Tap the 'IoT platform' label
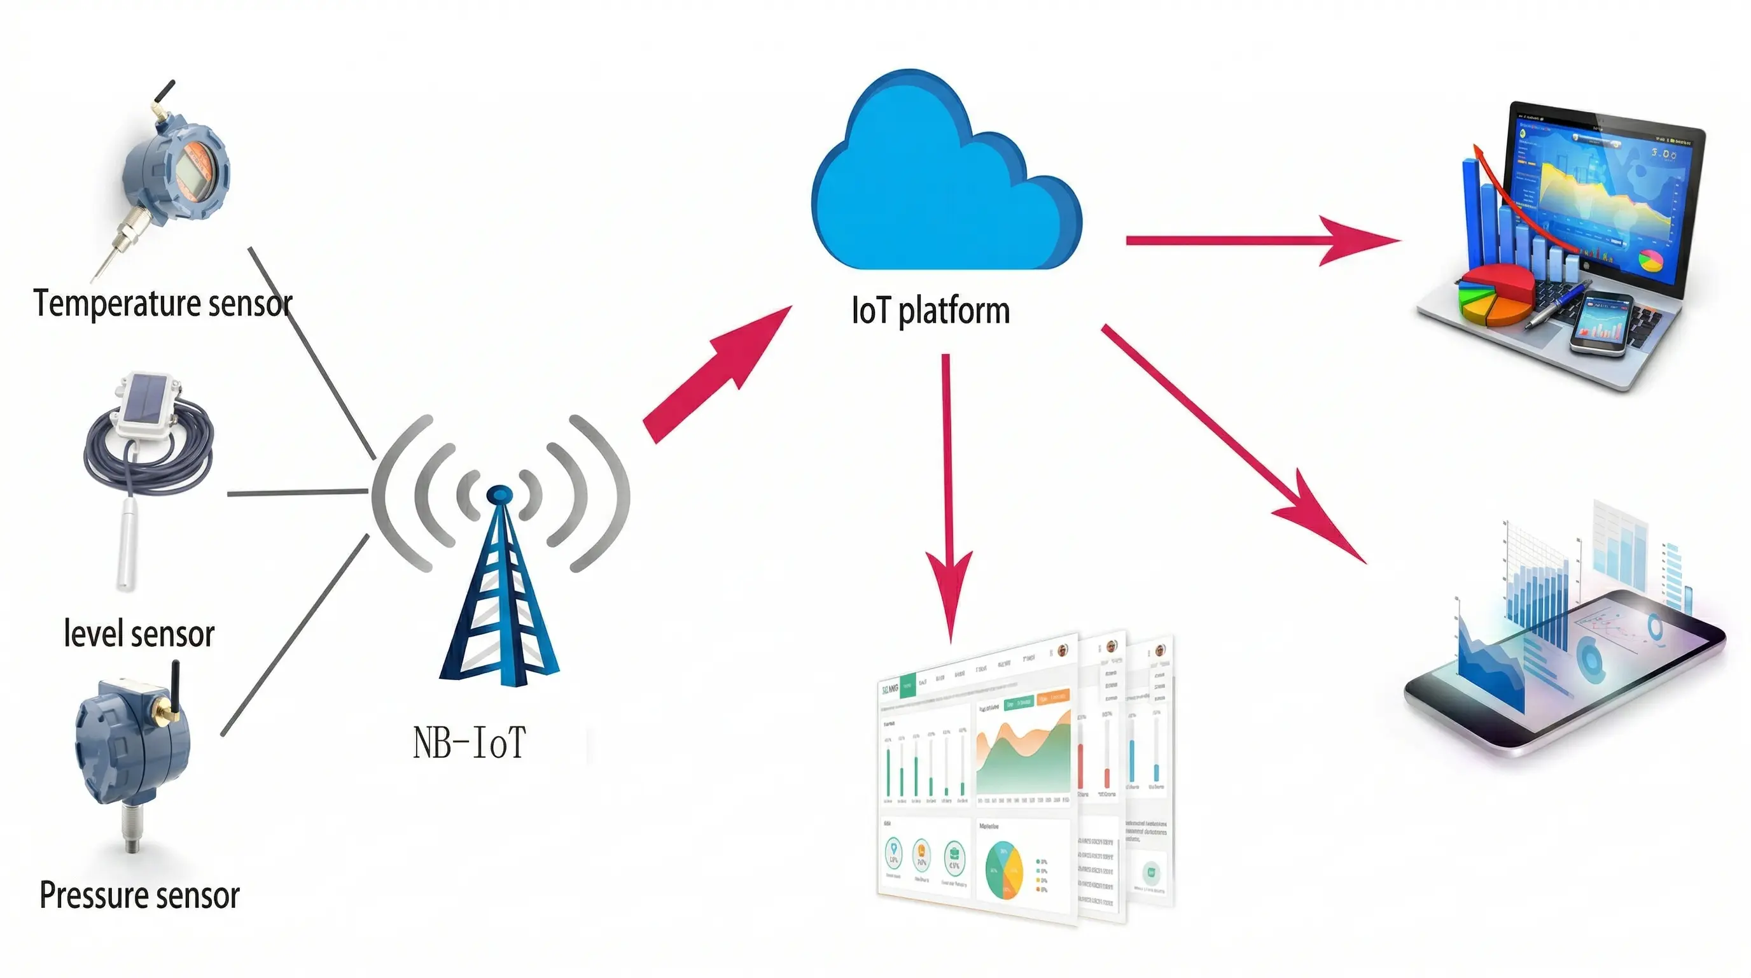tap(930, 311)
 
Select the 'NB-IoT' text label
tap(469, 742)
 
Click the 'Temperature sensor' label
tap(163, 303)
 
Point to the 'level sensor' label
tap(139, 634)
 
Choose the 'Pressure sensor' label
tap(139, 895)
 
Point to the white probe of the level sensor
tap(127, 544)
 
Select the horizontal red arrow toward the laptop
tap(1257, 240)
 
